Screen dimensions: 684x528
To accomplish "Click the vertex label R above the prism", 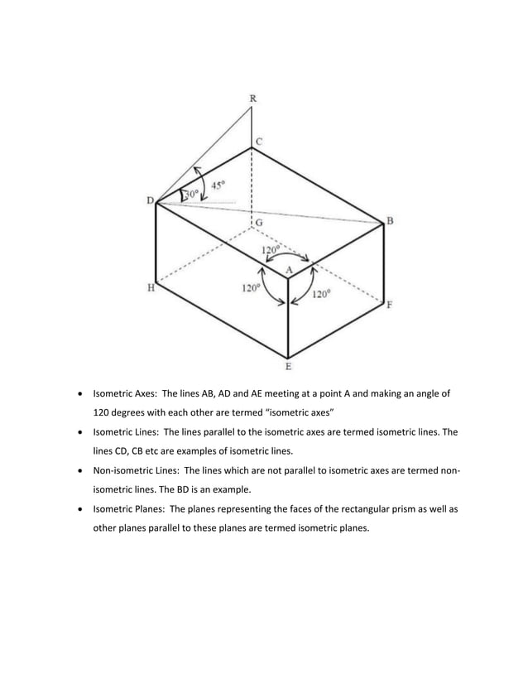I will click(252, 99).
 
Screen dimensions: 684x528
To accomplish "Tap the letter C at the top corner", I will click(259, 142).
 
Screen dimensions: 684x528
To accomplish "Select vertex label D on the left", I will click(150, 200).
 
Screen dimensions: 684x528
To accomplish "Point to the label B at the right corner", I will click(390, 220).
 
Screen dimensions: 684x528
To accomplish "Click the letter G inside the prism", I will click(260, 223).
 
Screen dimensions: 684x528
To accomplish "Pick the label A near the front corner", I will click(289, 270).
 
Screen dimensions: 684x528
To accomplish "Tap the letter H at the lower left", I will click(151, 289).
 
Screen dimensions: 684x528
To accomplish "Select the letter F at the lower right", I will click(390, 305).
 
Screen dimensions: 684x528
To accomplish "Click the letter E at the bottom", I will click(288, 365).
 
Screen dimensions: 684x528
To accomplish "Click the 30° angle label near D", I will click(190, 194).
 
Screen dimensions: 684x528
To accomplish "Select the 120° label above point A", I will click(271, 248).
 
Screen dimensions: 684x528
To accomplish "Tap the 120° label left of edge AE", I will click(251, 288).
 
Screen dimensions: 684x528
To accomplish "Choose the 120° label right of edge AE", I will click(321, 293).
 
